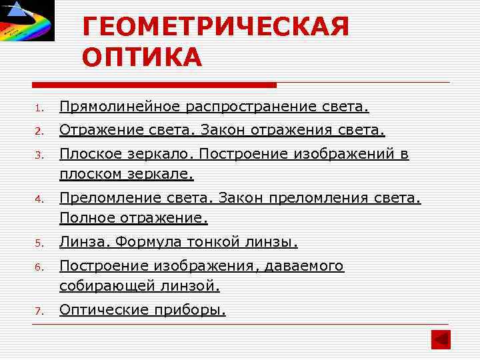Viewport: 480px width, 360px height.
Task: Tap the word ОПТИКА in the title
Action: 142,58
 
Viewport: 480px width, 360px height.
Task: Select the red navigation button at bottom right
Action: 440,339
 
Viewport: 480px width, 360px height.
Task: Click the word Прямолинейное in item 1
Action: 121,107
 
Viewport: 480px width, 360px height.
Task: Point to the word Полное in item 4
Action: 87,217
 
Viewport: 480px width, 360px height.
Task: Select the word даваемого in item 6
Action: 304,266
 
